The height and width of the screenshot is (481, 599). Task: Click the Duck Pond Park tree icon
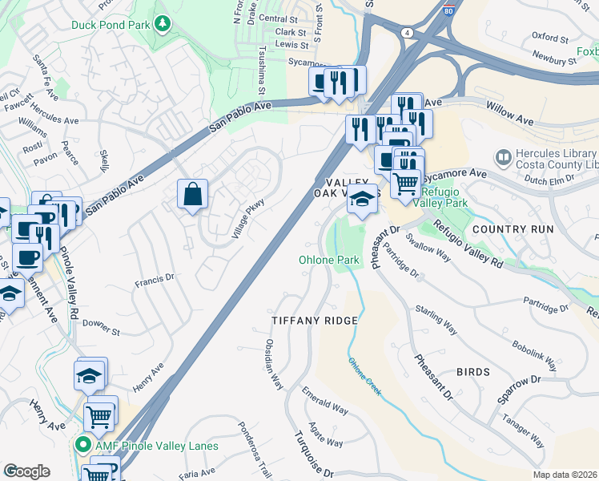163,23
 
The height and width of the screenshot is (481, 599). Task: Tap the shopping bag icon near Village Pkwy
193,194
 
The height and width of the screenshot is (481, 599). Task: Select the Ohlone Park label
329,261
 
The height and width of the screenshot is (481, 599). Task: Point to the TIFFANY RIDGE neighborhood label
314,320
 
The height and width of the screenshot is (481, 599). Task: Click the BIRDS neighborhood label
472,372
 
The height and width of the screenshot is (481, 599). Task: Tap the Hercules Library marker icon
504,158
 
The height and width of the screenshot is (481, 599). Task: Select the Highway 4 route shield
408,32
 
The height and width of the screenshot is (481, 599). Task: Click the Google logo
26,471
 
